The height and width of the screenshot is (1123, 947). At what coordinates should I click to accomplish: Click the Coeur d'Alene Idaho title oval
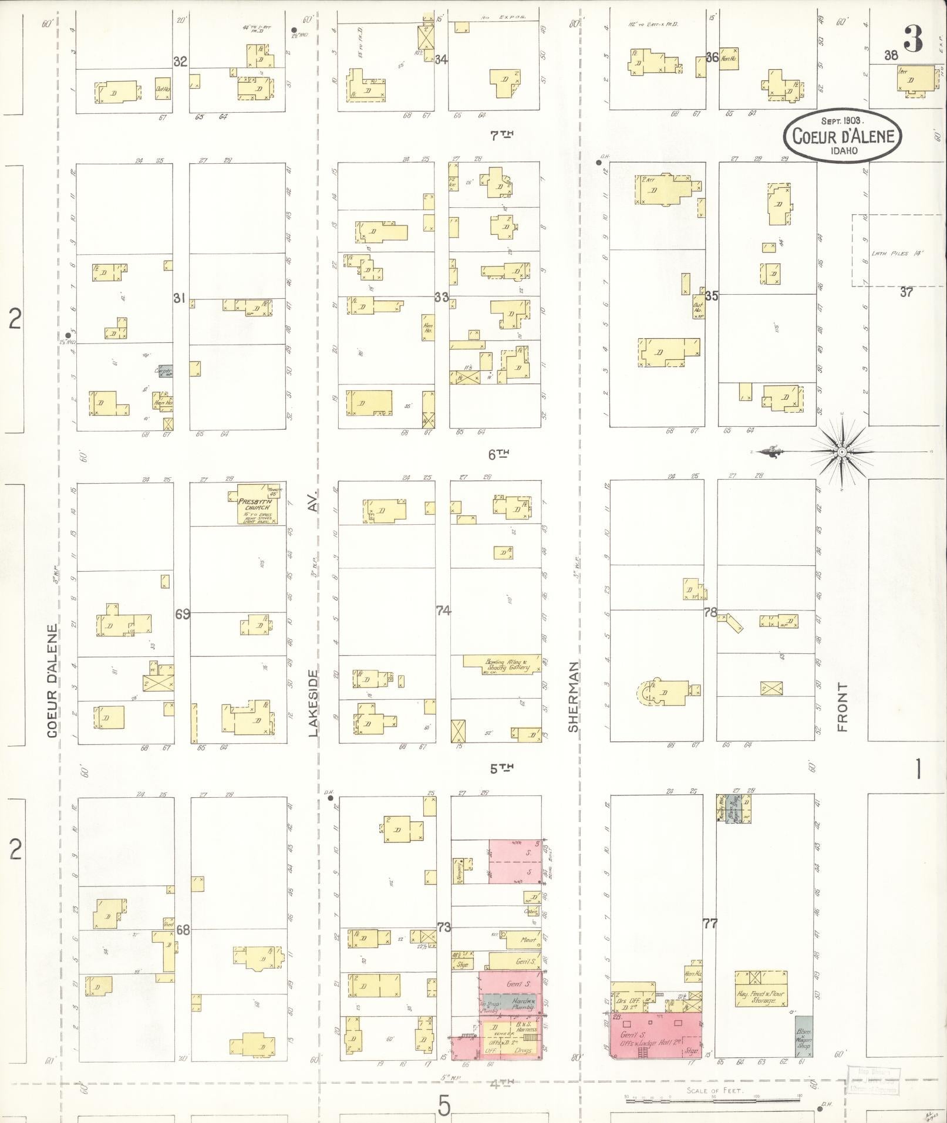[x=842, y=135]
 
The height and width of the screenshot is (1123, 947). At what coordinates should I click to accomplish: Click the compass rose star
[x=841, y=451]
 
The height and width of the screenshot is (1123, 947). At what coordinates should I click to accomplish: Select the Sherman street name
[x=573, y=696]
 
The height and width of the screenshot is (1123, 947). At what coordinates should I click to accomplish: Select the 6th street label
[x=498, y=453]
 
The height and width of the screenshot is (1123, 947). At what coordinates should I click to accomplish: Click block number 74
[x=443, y=611]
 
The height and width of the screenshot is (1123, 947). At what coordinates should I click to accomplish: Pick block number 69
[x=183, y=614]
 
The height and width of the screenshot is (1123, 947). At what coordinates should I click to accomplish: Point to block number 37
[x=906, y=292]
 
